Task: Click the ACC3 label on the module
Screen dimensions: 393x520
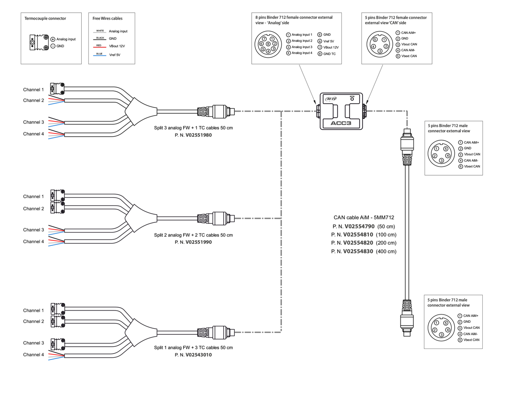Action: coord(341,123)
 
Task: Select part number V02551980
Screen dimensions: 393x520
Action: coord(199,135)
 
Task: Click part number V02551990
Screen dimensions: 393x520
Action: coord(199,242)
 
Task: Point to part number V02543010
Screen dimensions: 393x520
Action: coord(199,355)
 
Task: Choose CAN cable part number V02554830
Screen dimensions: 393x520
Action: coord(358,251)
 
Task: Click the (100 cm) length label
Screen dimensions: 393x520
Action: coord(385,234)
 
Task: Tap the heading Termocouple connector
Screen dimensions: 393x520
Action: coord(45,18)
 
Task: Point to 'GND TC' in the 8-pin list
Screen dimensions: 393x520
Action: coord(329,54)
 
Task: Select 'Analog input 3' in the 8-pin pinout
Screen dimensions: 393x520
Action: coord(302,47)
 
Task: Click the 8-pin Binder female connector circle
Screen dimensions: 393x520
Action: coord(268,44)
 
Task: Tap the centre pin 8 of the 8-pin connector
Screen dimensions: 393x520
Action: coord(268,44)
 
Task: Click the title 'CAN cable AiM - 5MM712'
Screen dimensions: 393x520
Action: coord(363,218)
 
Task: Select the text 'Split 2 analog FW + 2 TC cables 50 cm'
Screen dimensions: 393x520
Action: coord(193,235)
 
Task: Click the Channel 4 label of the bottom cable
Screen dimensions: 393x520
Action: coord(34,354)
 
